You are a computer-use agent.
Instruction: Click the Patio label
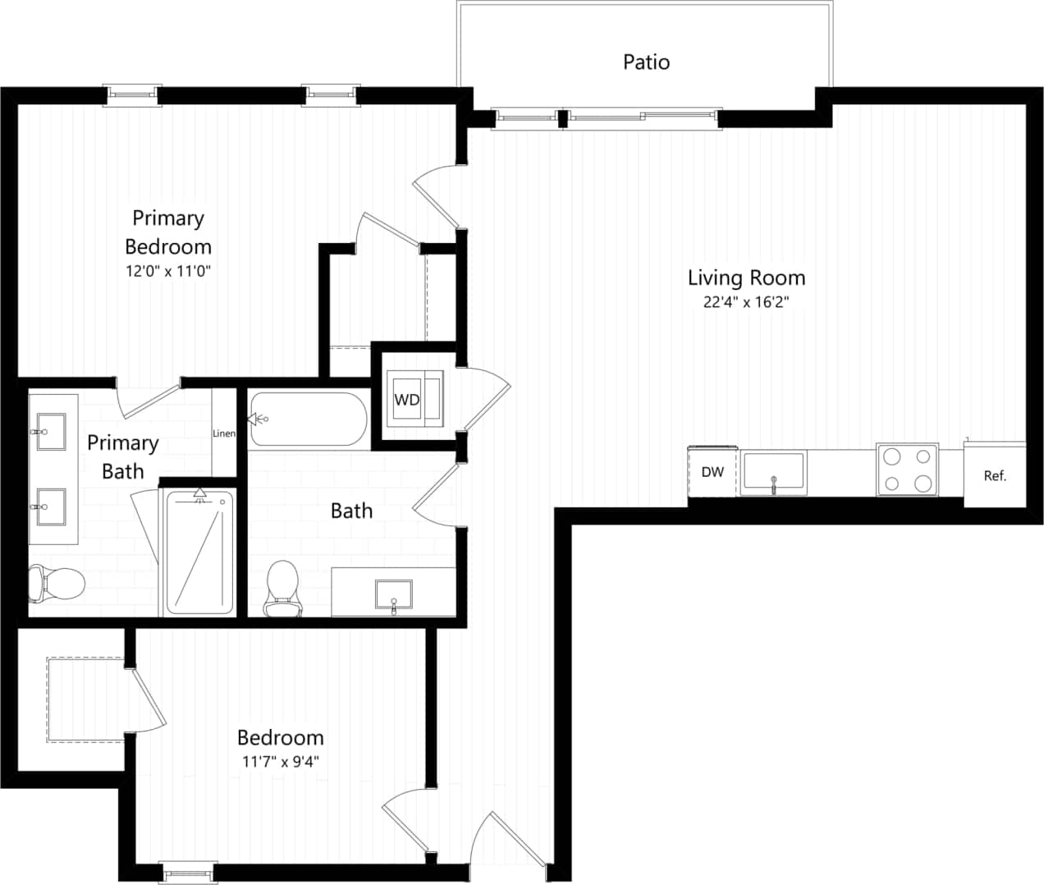point(646,62)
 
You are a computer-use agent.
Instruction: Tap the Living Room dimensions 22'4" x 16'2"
point(745,302)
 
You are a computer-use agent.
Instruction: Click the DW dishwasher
point(712,472)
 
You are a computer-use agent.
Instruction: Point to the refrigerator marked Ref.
point(994,475)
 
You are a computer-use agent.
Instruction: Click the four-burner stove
point(907,470)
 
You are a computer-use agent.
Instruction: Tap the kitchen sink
point(773,474)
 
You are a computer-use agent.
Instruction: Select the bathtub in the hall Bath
point(308,420)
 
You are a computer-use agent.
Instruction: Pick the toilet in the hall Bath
point(282,588)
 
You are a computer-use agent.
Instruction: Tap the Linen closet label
point(224,433)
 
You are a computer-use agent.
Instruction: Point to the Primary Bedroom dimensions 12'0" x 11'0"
point(167,272)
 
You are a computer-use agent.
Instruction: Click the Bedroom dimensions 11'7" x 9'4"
point(280,761)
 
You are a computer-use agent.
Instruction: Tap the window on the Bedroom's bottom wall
point(188,871)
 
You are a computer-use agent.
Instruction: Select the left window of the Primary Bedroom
point(131,95)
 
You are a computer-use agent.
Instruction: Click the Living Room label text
point(745,277)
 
